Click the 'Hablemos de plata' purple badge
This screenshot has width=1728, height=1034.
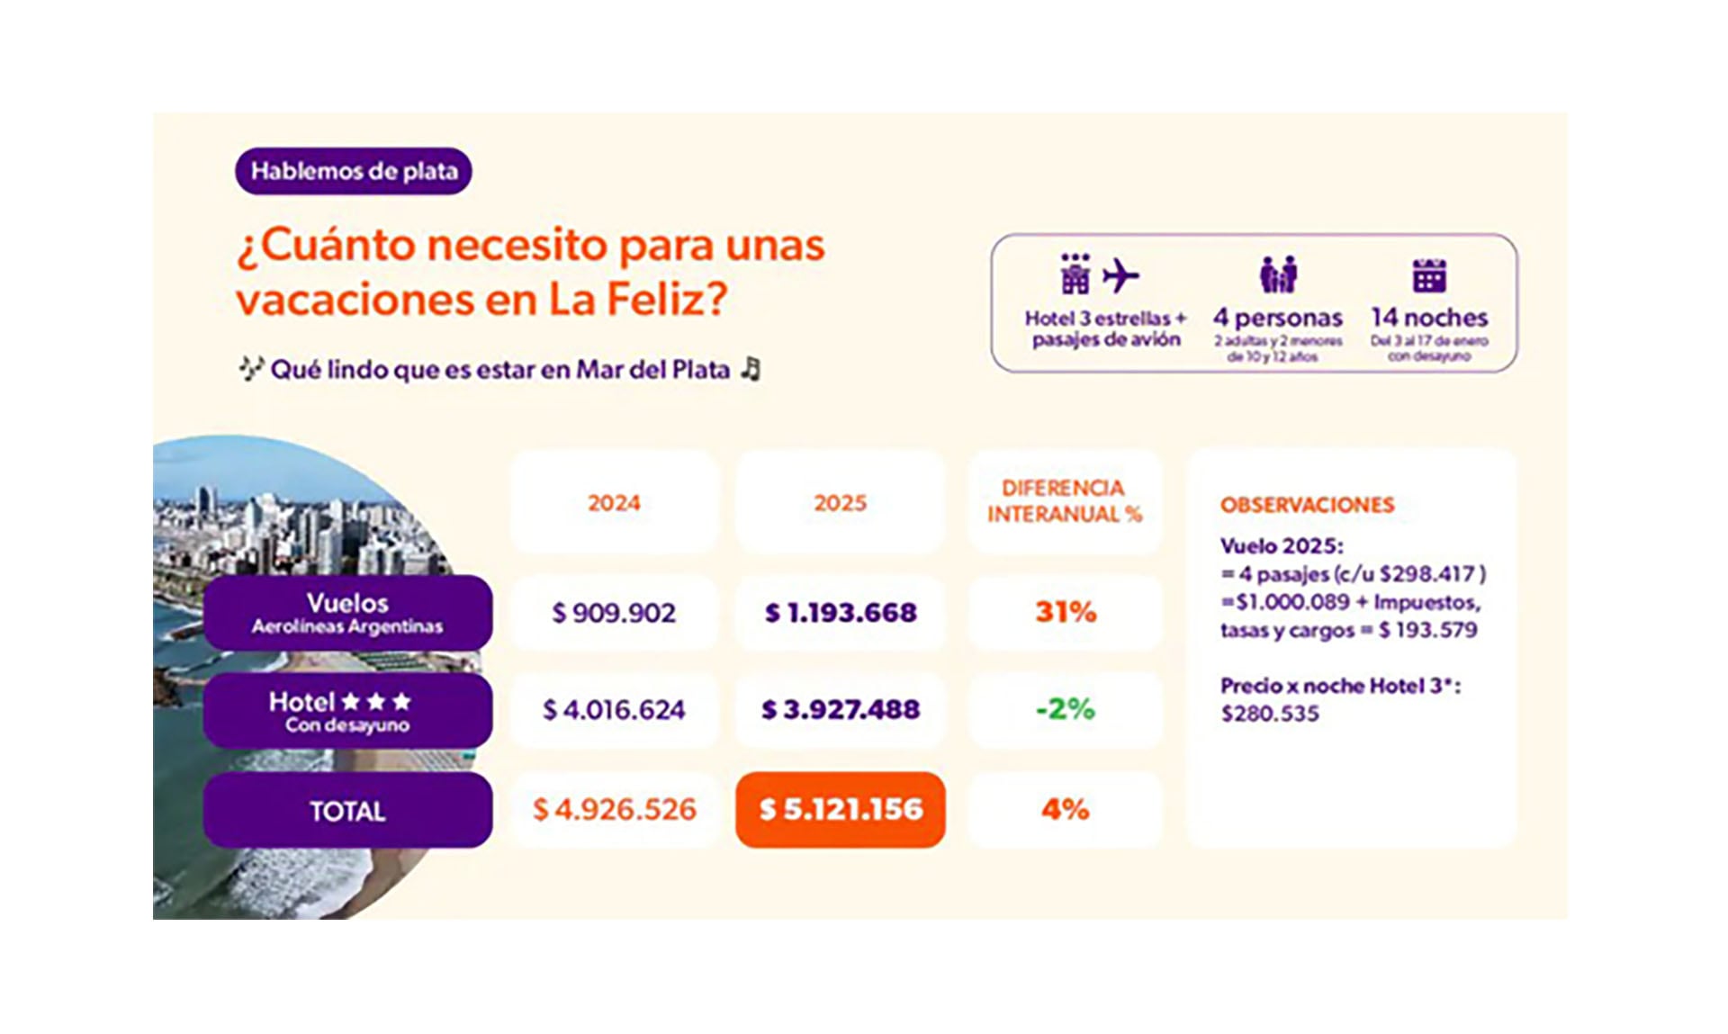pyautogui.click(x=353, y=171)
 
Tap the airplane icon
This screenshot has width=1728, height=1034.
pyautogui.click(x=1120, y=275)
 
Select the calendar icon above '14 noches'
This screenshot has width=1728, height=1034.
pyautogui.click(x=1429, y=275)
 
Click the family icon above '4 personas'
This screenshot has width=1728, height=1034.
pyautogui.click(x=1278, y=274)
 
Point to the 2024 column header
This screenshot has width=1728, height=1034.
pyautogui.click(x=614, y=502)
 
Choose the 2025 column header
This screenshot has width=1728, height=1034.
pyautogui.click(x=840, y=502)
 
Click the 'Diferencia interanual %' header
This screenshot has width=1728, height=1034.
pyautogui.click(x=1064, y=501)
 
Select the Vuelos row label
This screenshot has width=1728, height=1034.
pyautogui.click(x=347, y=613)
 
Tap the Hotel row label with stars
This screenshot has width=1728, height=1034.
pyautogui.click(x=347, y=711)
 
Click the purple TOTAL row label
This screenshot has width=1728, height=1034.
pyautogui.click(x=347, y=811)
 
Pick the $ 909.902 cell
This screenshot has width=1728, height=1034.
pyautogui.click(x=614, y=613)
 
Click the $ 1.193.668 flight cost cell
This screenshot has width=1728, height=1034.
pyautogui.click(x=841, y=613)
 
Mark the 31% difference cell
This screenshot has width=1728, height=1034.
pyautogui.click(x=1066, y=613)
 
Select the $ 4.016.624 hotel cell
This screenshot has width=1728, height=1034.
pyautogui.click(x=614, y=710)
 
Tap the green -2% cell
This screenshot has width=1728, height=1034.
pyautogui.click(x=1066, y=709)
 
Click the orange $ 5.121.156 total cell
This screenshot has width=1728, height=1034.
pyautogui.click(x=841, y=809)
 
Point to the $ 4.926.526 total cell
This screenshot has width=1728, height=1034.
pyautogui.click(x=614, y=809)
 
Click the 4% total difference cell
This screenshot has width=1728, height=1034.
pyautogui.click(x=1066, y=809)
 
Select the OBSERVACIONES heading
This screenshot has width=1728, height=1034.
pyautogui.click(x=1307, y=505)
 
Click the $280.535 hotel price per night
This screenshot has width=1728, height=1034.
pyautogui.click(x=1270, y=714)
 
